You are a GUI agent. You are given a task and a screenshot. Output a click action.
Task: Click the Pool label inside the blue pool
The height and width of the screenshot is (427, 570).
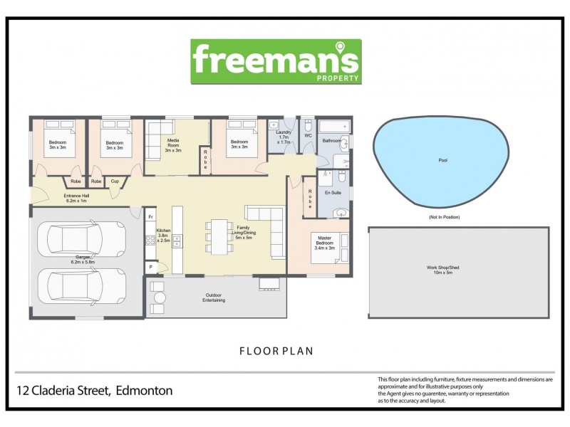coord(442,161)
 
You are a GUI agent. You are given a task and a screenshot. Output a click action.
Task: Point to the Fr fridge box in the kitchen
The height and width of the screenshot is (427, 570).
coord(151,216)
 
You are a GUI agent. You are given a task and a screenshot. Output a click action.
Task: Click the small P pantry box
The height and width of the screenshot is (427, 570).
coord(151,268)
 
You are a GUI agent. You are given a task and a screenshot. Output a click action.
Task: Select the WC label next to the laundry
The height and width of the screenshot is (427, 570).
coord(308,135)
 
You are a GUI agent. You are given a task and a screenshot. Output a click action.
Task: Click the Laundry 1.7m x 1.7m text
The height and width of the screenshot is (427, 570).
coord(283,138)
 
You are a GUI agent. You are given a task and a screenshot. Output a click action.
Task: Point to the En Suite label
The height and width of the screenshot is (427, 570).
coord(332,193)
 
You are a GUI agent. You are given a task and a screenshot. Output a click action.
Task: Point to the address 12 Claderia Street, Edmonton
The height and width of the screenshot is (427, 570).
coord(95,391)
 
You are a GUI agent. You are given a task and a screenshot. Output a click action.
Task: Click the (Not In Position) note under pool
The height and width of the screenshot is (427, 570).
coord(444,216)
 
